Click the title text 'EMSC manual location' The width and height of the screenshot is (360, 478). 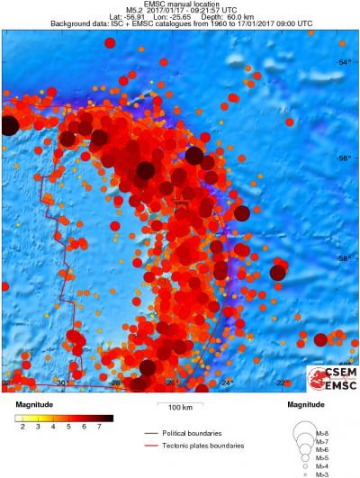coord(180,5)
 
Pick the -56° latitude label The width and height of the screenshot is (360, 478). coord(344,159)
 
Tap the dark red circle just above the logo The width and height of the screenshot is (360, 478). coord(320,339)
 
